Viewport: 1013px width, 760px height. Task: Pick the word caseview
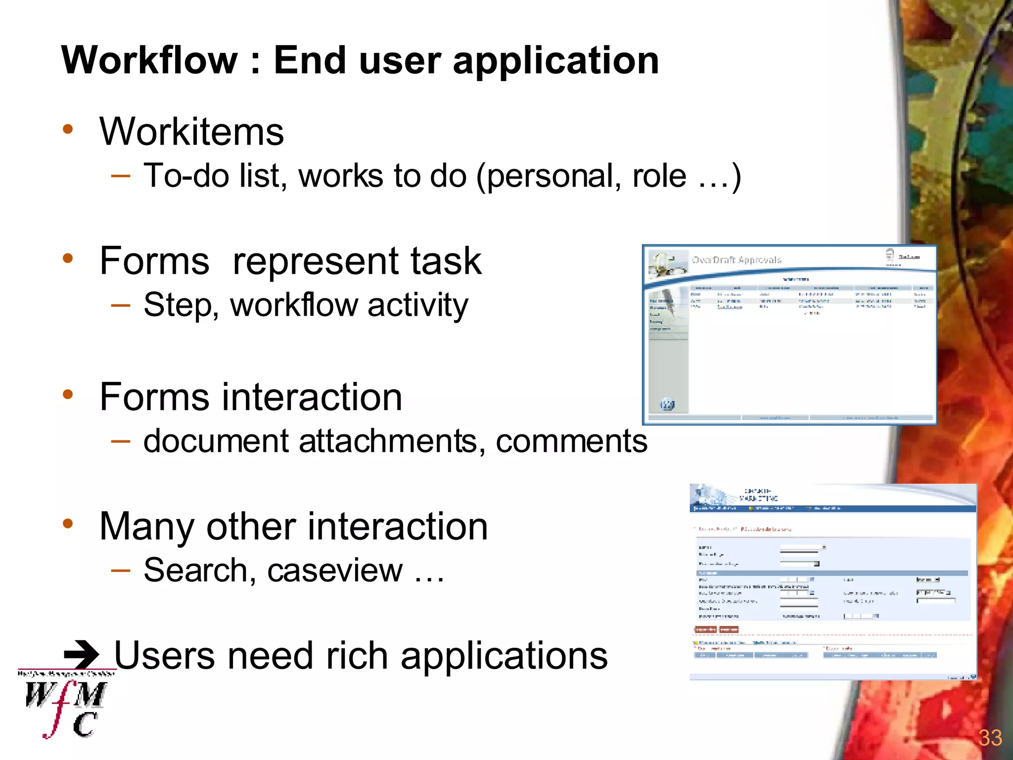click(335, 570)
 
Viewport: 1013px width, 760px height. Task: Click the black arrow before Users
click(82, 655)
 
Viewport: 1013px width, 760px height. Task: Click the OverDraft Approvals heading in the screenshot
click(736, 260)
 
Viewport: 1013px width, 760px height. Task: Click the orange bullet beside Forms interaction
click(68, 395)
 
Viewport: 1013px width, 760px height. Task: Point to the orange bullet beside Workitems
click(68, 130)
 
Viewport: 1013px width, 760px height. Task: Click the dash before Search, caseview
click(121, 570)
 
